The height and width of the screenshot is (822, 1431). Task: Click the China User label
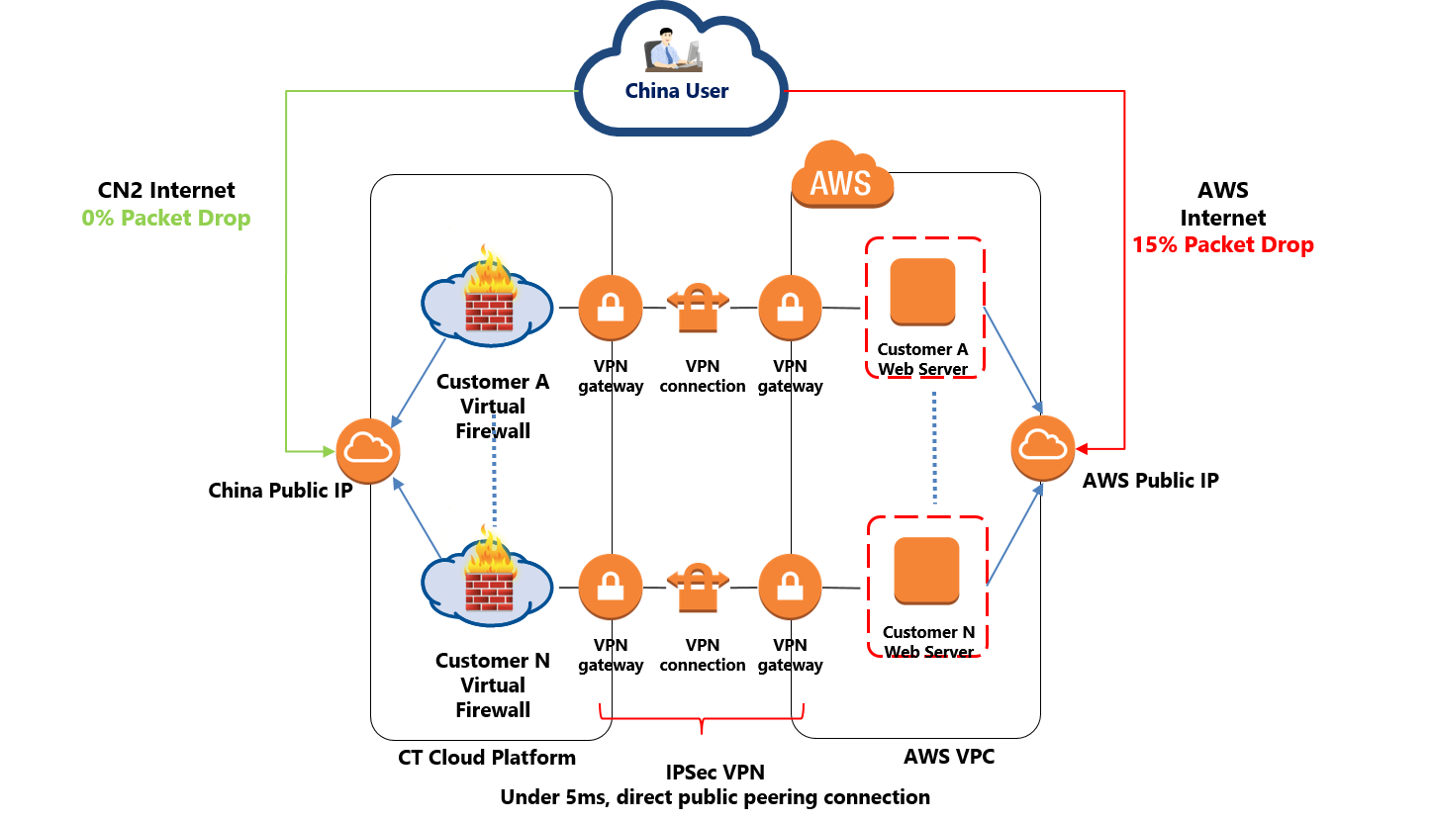pos(677,91)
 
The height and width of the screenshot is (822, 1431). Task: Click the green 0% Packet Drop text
pos(166,218)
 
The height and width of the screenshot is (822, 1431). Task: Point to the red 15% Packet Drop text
pos(1223,245)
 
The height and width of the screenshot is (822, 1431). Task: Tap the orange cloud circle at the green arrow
pos(367,451)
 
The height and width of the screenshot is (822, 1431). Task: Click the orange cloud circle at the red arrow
pos(1042,448)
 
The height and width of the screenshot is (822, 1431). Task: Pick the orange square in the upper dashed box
pos(922,292)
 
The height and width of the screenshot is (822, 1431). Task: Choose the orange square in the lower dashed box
pos(926,571)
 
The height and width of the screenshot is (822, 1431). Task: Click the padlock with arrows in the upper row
pos(698,308)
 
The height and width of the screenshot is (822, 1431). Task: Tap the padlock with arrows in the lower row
pos(698,588)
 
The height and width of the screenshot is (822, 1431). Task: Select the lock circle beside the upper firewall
pos(611,308)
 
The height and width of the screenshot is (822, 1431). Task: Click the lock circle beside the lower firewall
pos(611,588)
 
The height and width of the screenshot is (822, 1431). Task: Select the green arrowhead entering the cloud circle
pos(327,452)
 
